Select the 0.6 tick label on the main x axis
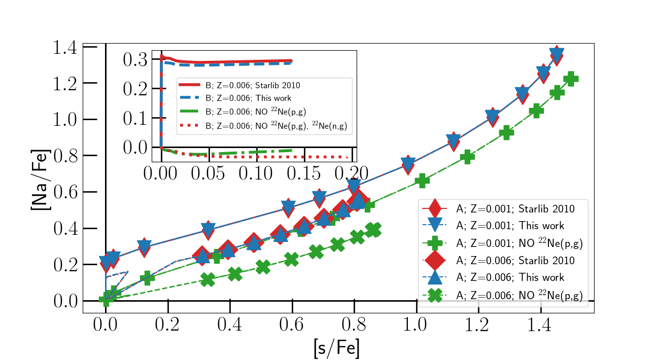pyautogui.click(x=292, y=325)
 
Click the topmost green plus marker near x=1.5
pyautogui.click(x=571, y=79)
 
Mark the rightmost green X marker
pyautogui.click(x=374, y=230)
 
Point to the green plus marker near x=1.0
pyautogui.click(x=422, y=181)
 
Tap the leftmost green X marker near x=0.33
pyautogui.click(x=207, y=280)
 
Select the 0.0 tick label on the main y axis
pyautogui.click(x=66, y=301)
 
